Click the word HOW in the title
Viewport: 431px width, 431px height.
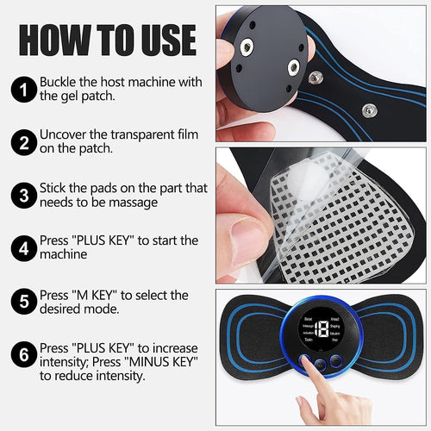click(x=52, y=41)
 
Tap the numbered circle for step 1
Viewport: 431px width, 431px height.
click(x=22, y=88)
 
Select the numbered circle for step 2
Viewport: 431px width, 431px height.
click(x=22, y=141)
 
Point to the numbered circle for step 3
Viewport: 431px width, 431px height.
click(x=22, y=195)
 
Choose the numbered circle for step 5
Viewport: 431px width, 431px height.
click(x=22, y=303)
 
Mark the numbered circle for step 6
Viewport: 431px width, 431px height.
click(x=22, y=355)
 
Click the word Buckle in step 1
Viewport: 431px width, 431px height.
click(x=59, y=82)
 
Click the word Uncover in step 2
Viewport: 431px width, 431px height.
click(x=66, y=134)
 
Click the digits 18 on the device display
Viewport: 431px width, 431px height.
click(x=321, y=329)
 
